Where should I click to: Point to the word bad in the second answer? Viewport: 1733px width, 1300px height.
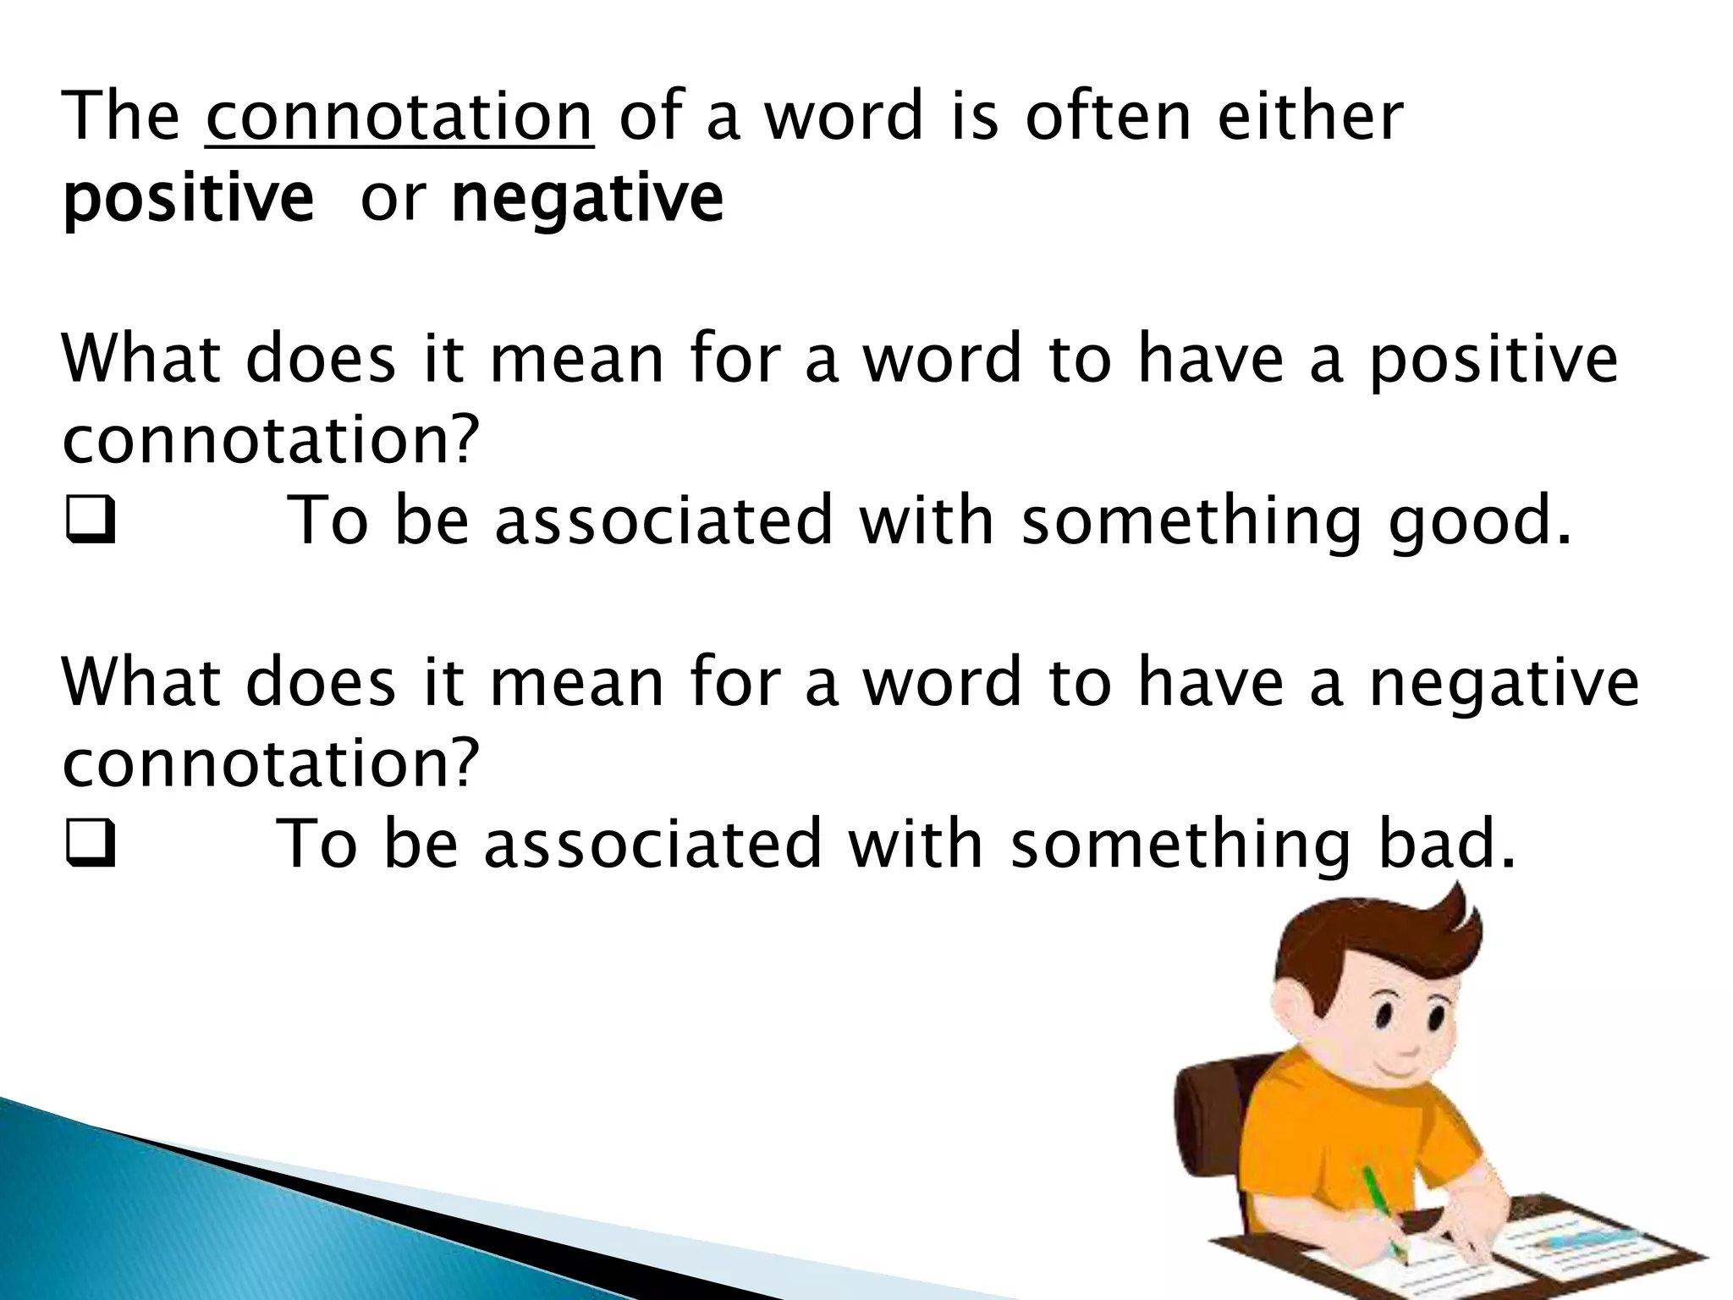(1445, 845)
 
